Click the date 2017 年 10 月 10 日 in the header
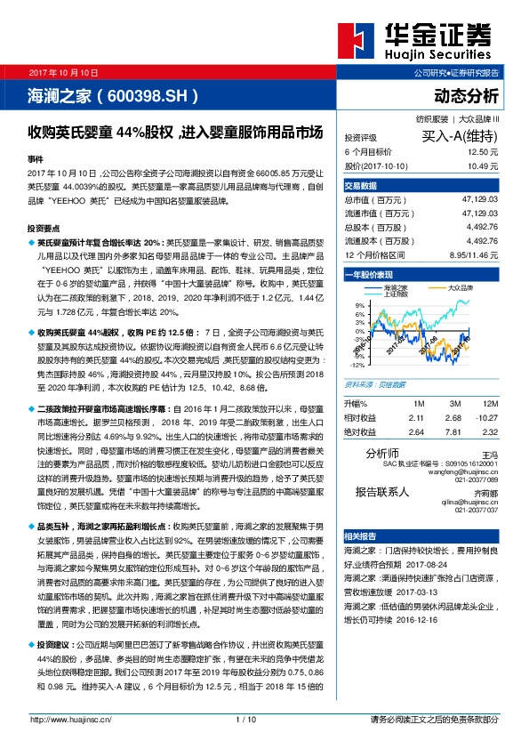(64, 71)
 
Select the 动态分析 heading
(466, 95)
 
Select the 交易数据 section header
(361, 186)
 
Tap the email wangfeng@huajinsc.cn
(468, 471)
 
